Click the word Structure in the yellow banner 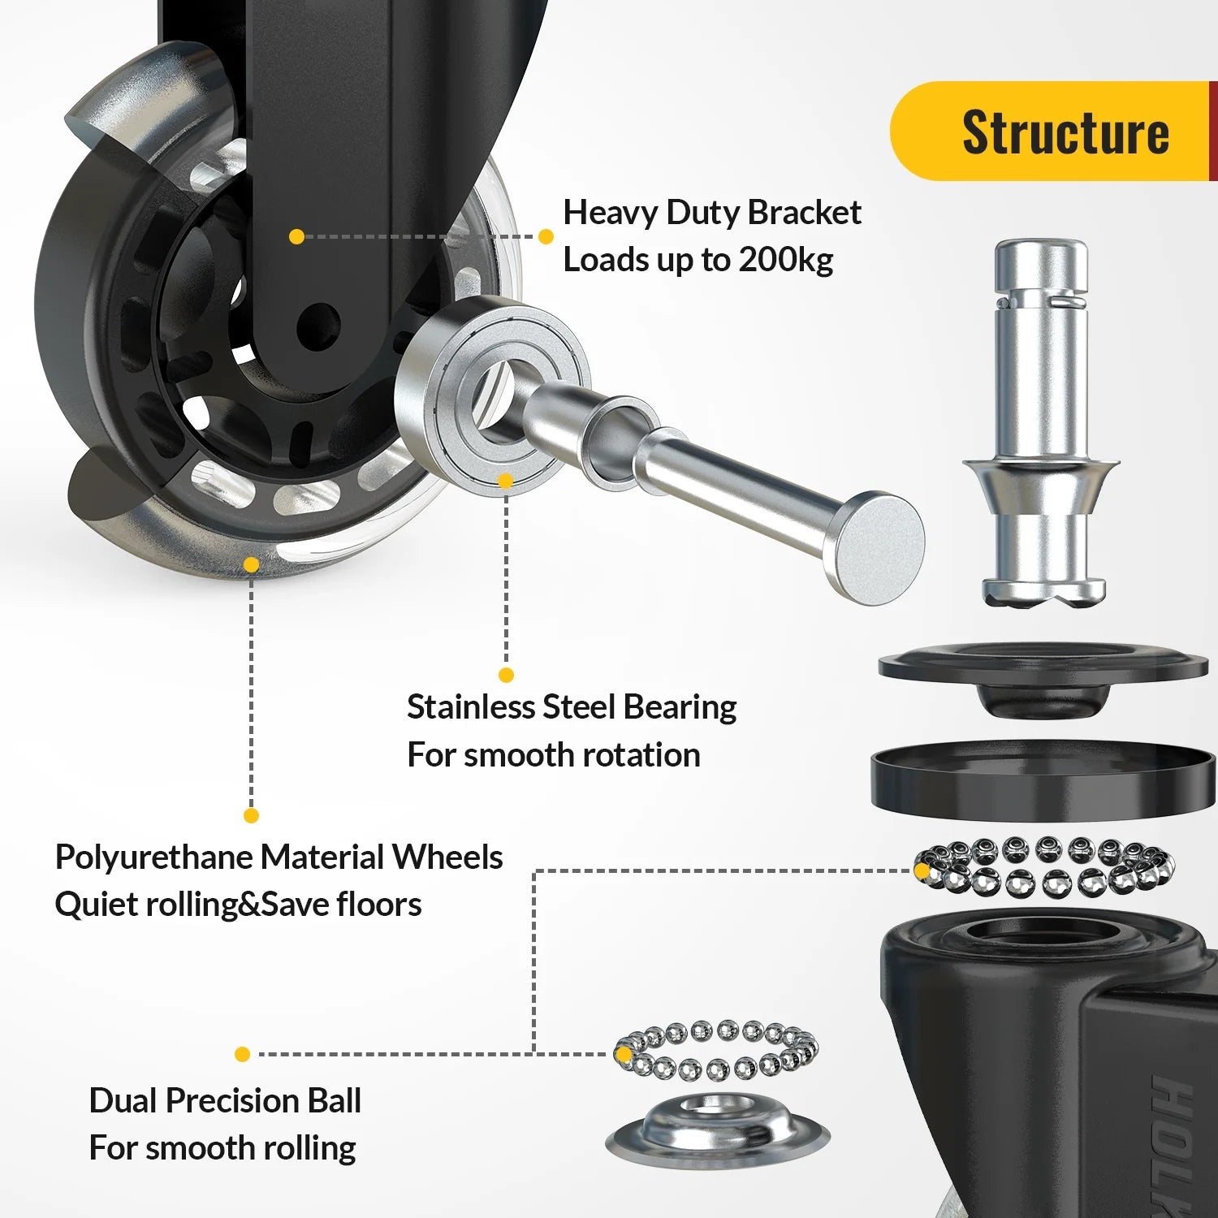(x=1065, y=132)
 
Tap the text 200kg (x=785, y=260)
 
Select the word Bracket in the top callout (x=804, y=213)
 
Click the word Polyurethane (x=153, y=857)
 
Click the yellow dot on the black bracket (x=296, y=236)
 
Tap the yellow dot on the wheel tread (x=252, y=564)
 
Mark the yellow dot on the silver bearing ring (x=505, y=481)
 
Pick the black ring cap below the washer (x=1043, y=780)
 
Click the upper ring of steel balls (x=1044, y=867)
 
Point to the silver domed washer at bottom (x=718, y=1129)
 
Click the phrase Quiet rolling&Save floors (x=238, y=905)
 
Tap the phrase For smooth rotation (x=553, y=755)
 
